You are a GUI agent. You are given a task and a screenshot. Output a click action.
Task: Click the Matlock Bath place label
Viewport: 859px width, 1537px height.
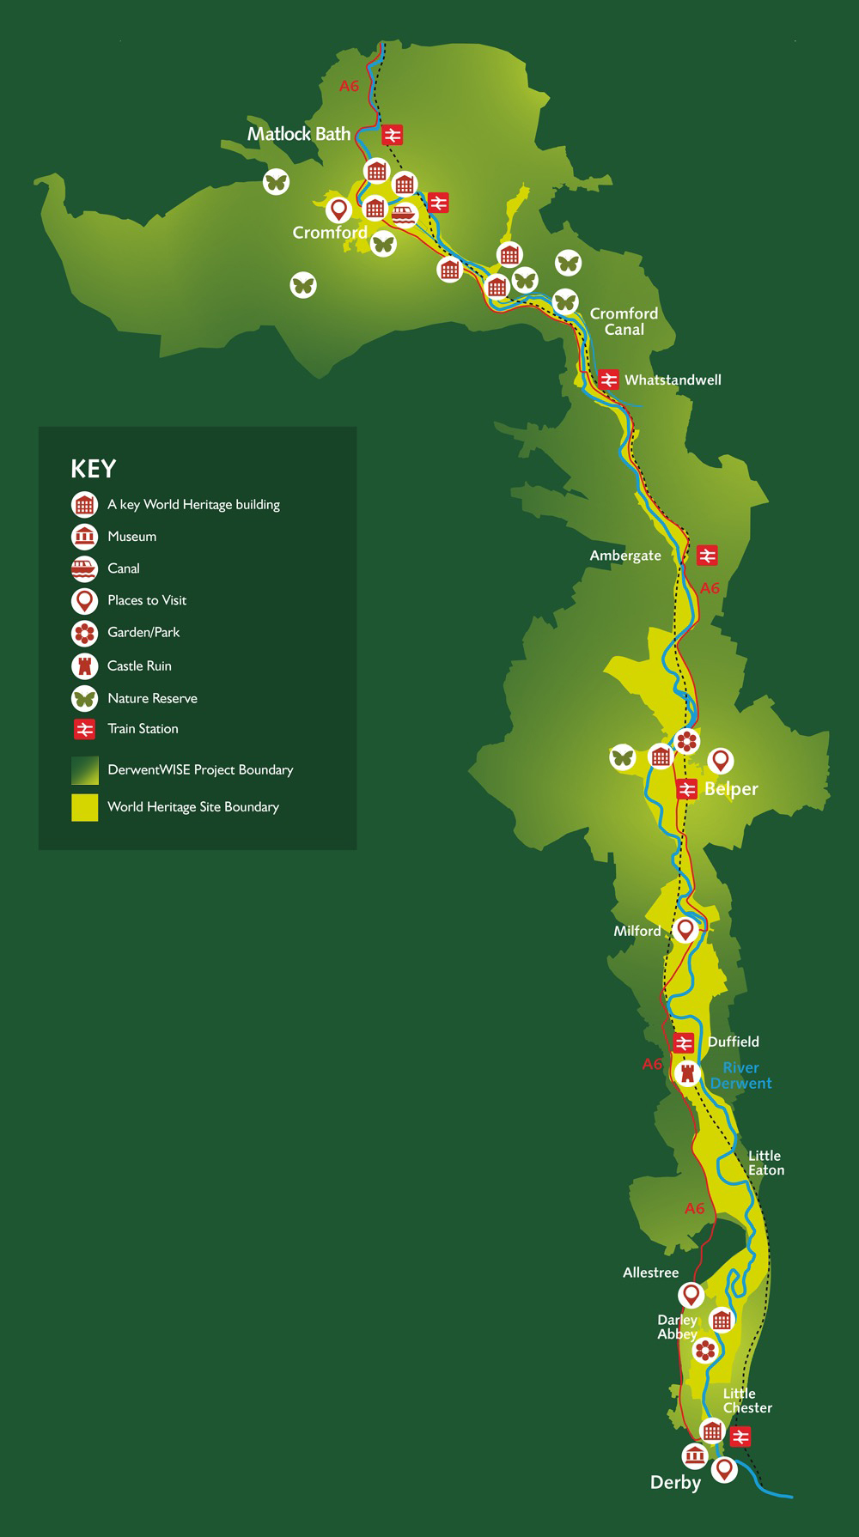(x=299, y=134)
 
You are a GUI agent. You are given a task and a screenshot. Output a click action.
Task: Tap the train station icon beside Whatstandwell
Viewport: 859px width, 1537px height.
(x=609, y=380)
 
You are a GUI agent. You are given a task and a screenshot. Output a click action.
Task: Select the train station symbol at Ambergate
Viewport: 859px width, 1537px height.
(x=707, y=556)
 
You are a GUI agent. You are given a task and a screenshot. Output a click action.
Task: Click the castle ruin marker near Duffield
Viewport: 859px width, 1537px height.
(x=686, y=1072)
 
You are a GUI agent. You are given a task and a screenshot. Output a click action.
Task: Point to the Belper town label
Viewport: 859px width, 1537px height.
(x=731, y=789)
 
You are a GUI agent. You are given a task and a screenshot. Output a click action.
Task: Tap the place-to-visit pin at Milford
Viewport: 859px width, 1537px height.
(x=685, y=930)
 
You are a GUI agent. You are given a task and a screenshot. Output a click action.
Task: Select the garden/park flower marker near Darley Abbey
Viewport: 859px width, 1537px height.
(x=704, y=1351)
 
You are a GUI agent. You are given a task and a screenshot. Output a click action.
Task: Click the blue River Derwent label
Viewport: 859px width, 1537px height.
(x=740, y=1075)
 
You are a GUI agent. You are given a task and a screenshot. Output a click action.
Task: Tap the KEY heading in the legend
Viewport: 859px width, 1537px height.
(x=93, y=469)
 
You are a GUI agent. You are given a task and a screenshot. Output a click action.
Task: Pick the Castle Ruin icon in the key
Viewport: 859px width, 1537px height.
(x=84, y=665)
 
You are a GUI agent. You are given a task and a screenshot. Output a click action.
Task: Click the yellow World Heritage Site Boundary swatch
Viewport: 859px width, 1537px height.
(x=84, y=807)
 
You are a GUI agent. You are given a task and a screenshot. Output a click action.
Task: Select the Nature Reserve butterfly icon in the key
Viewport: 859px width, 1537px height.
(x=84, y=698)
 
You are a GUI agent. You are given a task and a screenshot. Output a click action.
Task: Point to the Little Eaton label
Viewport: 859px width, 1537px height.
(x=765, y=1163)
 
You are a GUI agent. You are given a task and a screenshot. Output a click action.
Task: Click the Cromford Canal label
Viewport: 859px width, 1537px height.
(x=624, y=321)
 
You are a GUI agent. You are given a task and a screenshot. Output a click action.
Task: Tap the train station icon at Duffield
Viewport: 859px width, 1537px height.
(x=684, y=1043)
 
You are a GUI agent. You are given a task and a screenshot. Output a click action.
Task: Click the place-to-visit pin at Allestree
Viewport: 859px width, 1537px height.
(x=691, y=1295)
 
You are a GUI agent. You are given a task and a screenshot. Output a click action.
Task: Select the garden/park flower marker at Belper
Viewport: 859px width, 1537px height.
(x=686, y=740)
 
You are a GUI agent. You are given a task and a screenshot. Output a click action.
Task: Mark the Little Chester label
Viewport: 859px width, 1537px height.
(x=746, y=1400)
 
